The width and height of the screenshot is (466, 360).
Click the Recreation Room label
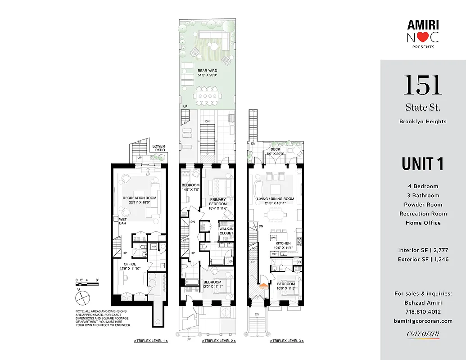[139, 198]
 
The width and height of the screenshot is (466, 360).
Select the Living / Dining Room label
[276, 198]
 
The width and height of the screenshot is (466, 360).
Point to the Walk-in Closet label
[226, 231]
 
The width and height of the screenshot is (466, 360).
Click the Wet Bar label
[122, 221]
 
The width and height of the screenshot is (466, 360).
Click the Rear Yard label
[207, 71]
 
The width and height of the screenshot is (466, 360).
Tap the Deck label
[275, 149]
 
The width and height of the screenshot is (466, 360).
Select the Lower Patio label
[158, 148]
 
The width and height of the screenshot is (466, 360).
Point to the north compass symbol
[82, 297]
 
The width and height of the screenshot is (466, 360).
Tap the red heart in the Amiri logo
[423, 38]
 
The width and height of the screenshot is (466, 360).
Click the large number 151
[422, 85]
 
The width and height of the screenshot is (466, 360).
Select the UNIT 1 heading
[422, 164]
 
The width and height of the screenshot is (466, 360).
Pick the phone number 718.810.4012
[423, 311]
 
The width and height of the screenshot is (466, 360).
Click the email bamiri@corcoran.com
[423, 321]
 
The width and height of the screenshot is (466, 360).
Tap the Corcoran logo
[423, 334]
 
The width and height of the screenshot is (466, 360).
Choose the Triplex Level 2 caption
[218, 341]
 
